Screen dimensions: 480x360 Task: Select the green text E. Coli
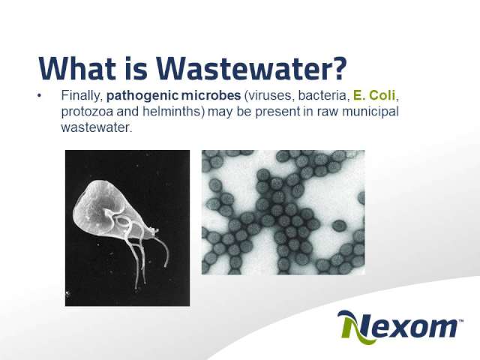pos(374,95)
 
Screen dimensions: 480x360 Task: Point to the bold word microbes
pos(211,95)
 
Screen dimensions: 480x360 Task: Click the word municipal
pos(370,112)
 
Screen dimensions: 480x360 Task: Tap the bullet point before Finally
pos(39,96)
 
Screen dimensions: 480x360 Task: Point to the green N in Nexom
pos(355,327)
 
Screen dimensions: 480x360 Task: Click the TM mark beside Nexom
pos(460,321)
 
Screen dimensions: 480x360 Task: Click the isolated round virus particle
pos(339,226)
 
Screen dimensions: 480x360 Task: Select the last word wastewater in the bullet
pos(96,128)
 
